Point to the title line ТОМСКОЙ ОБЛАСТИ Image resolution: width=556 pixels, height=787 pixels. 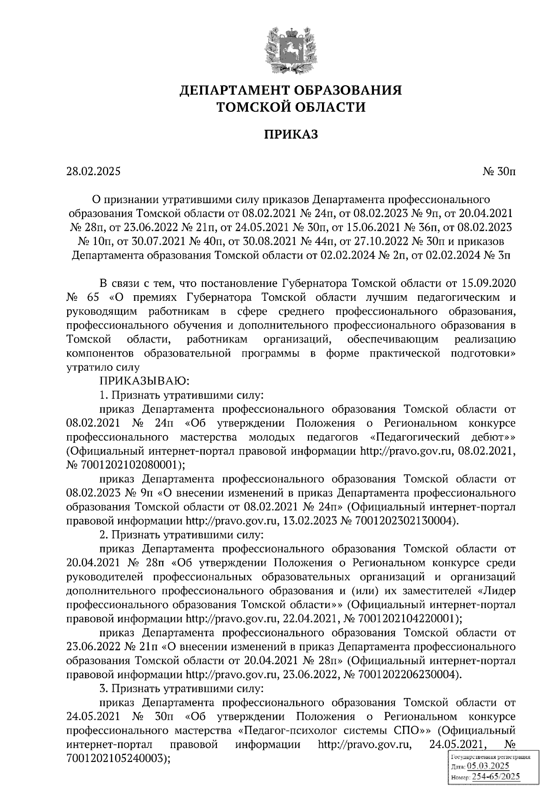pyautogui.click(x=291, y=108)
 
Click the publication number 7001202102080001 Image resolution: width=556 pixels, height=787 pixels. pyautogui.click(x=128, y=465)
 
